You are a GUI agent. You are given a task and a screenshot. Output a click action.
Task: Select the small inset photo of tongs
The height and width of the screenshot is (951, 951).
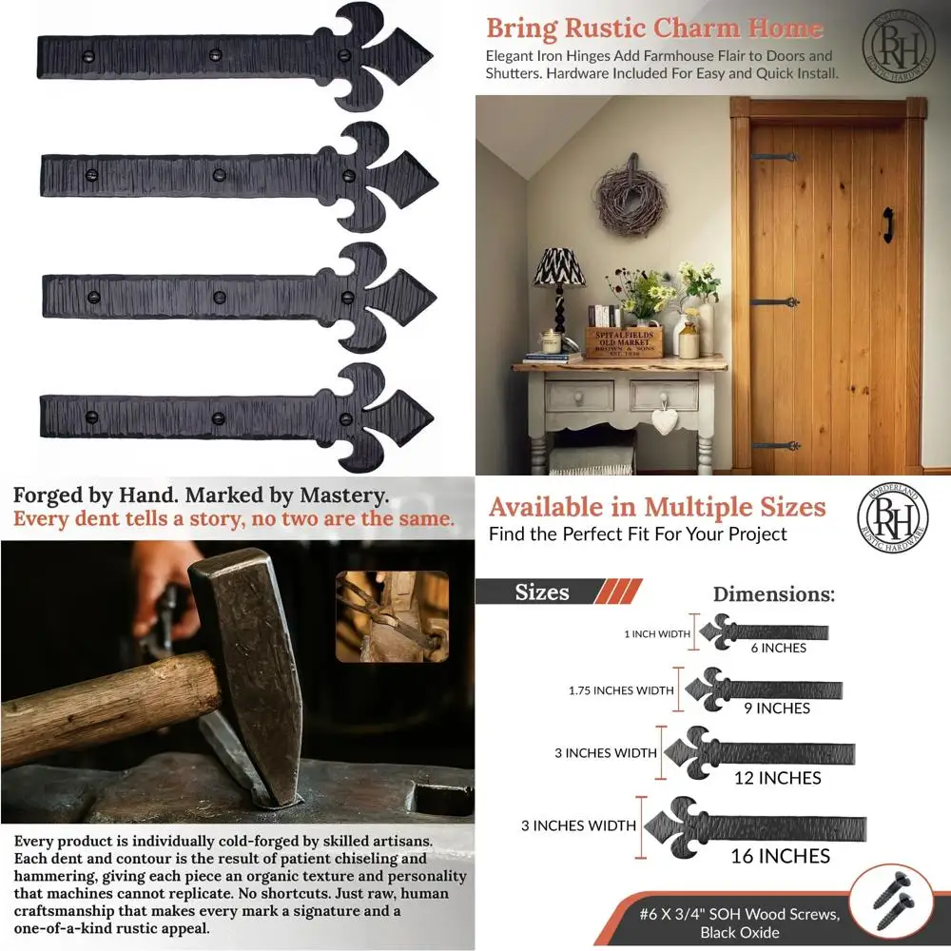pyautogui.click(x=392, y=616)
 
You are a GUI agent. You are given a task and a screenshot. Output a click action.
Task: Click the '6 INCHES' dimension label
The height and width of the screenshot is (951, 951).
pyautogui.click(x=777, y=649)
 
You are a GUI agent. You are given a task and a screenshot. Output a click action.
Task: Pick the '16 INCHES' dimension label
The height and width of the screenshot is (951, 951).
pyautogui.click(x=780, y=857)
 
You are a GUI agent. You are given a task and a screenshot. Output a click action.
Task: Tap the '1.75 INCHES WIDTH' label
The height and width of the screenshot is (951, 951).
pyautogui.click(x=621, y=690)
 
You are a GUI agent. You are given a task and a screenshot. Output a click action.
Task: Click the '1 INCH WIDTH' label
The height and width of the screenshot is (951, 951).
pyautogui.click(x=657, y=634)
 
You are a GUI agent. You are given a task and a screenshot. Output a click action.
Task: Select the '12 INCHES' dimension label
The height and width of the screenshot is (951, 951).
pyautogui.click(x=777, y=778)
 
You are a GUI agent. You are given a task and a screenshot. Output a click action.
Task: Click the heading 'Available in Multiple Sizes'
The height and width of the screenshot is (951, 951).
pyautogui.click(x=657, y=507)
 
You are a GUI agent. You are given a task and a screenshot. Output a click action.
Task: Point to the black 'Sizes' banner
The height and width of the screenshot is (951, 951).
pyautogui.click(x=542, y=592)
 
